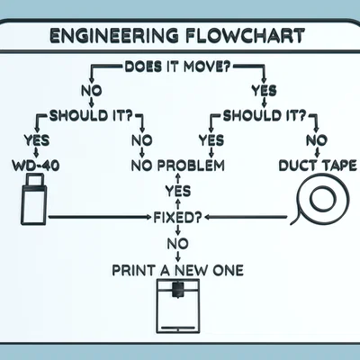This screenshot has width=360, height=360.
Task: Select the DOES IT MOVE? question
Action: (x=181, y=67)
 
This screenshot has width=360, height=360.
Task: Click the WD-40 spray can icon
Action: (x=31, y=200)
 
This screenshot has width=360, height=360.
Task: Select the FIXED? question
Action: (x=179, y=217)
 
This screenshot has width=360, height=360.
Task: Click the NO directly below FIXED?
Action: (x=179, y=244)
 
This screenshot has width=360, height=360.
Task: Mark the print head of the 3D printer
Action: (x=179, y=288)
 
